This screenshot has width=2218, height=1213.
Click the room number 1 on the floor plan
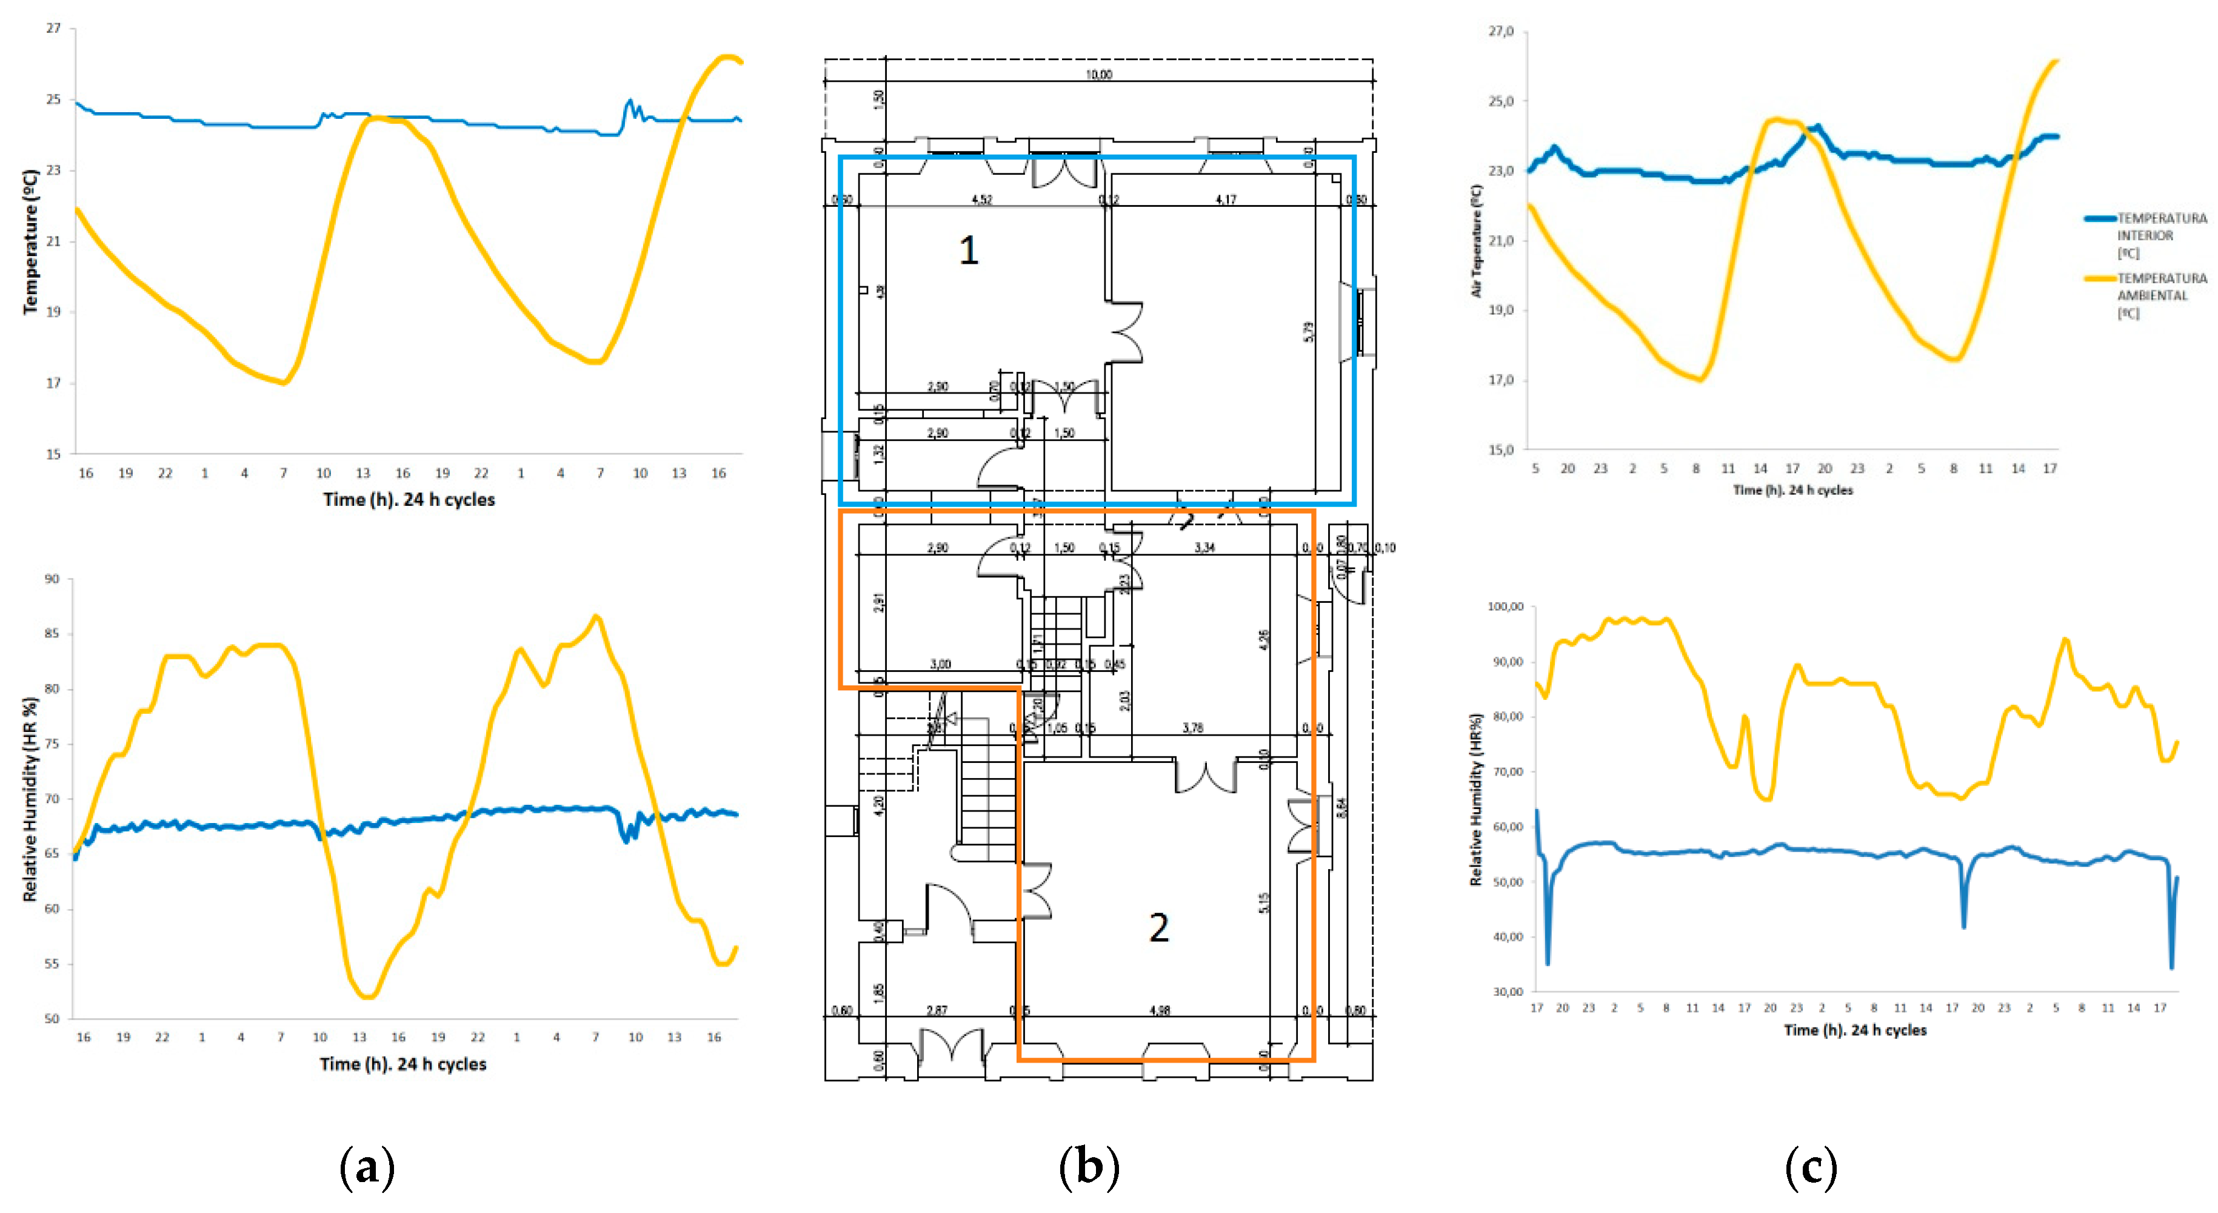pos(969,250)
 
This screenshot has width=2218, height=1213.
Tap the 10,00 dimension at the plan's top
pos(1098,75)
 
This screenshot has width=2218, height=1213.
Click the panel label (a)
pos(368,1168)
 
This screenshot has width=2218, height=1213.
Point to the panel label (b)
pos(1089,1168)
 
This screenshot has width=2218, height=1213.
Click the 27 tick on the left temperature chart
pos(53,29)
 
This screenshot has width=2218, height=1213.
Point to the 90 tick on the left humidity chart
pos(53,579)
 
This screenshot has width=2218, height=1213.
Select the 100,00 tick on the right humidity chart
pos(1505,606)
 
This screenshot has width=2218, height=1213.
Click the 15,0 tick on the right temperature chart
pos(1501,449)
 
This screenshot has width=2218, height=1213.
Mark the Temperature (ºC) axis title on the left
pos(30,242)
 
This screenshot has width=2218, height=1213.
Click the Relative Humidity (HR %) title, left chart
pos(30,799)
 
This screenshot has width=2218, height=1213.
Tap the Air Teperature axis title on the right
pos(1477,242)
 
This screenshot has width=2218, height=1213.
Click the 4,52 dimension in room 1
pos(981,200)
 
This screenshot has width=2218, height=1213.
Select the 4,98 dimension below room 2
pos(1160,1010)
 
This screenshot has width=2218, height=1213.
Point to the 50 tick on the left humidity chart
pos(53,1019)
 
